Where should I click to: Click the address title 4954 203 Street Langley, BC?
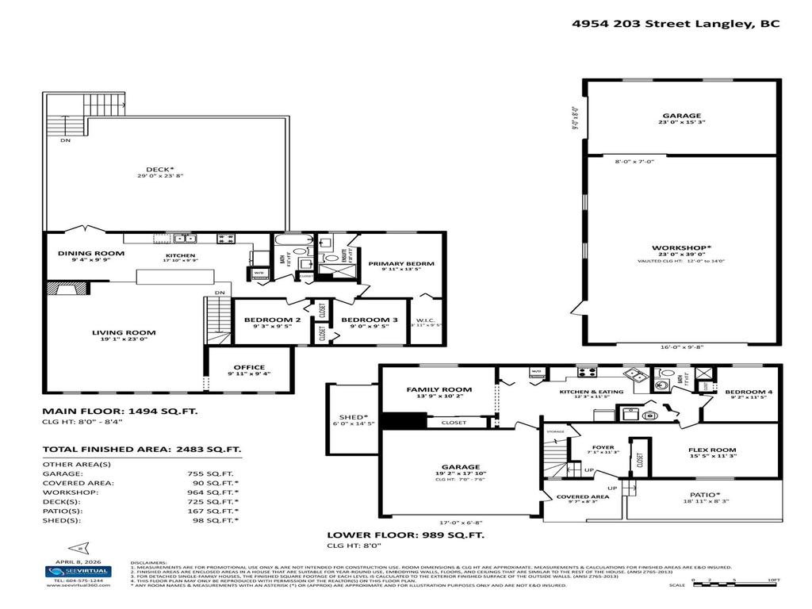point(676,24)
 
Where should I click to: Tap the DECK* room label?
point(159,168)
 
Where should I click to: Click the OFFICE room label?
point(249,367)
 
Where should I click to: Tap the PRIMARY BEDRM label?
point(401,263)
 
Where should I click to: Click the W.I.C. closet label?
point(426,320)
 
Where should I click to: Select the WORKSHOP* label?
point(680,247)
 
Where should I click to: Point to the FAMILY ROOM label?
point(439,389)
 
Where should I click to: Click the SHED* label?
point(353,417)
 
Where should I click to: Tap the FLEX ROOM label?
point(711,449)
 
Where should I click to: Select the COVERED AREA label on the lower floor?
point(582,496)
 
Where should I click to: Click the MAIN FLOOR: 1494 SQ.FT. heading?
point(119,412)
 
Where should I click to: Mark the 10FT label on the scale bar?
point(772,580)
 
